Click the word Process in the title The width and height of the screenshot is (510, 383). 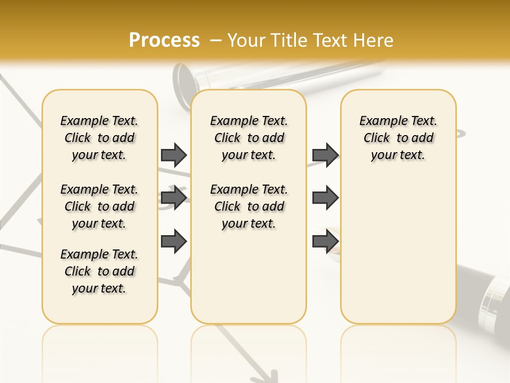tap(164, 40)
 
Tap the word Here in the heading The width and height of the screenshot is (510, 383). tap(373, 40)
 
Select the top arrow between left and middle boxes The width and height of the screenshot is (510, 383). tap(174, 155)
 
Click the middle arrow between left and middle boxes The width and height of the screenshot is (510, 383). tap(174, 198)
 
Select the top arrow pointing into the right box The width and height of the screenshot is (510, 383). tap(325, 155)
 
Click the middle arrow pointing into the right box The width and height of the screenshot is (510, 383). tap(325, 198)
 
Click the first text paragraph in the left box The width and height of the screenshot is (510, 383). tap(99, 138)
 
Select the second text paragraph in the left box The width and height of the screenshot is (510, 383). tap(99, 206)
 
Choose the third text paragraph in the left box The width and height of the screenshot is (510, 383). tap(99, 271)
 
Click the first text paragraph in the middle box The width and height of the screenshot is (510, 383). tap(249, 138)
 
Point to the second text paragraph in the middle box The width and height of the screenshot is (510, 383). tap(249, 206)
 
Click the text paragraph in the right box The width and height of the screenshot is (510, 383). tap(398, 138)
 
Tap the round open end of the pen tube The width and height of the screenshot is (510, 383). tap(186, 80)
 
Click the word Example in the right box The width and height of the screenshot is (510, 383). tap(379, 121)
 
